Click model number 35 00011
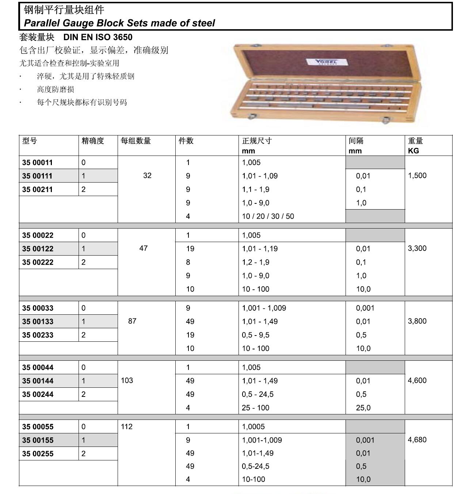click(x=37, y=162)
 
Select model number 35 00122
click(x=38, y=249)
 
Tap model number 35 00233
click(x=38, y=335)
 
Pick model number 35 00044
click(x=38, y=367)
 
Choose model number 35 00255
click(x=38, y=454)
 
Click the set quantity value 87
click(x=132, y=321)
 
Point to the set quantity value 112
click(x=127, y=426)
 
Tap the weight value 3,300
click(x=417, y=248)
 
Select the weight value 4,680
click(x=417, y=440)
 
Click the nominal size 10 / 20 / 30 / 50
click(x=268, y=216)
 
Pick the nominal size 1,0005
click(x=253, y=426)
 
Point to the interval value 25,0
click(x=363, y=407)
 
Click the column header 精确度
click(x=93, y=141)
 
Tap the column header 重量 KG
click(x=415, y=145)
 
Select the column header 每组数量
click(x=136, y=141)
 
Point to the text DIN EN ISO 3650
click(x=98, y=37)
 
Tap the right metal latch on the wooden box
click(x=386, y=120)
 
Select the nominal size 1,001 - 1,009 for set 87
click(x=264, y=308)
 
